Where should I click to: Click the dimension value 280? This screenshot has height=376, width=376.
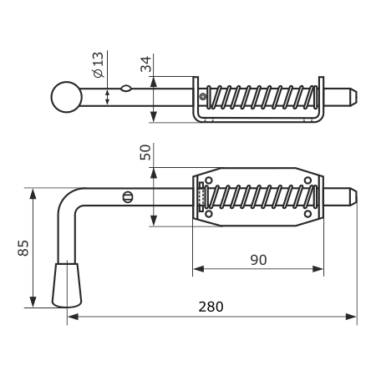click(x=211, y=307)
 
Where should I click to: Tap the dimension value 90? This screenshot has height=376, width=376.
click(x=258, y=260)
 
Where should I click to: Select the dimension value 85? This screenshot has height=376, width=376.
click(x=23, y=247)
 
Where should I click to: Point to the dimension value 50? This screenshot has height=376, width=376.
click(x=145, y=152)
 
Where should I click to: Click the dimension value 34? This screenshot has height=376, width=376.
click(x=145, y=64)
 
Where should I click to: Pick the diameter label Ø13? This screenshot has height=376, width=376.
click(x=98, y=65)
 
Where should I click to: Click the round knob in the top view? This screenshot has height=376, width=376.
click(x=67, y=97)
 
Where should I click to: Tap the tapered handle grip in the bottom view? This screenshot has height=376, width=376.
click(x=67, y=285)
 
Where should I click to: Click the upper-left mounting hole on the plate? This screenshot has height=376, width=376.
click(x=209, y=180)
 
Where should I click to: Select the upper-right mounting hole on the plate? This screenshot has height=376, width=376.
click(x=307, y=180)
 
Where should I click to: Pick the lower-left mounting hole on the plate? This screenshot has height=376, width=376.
click(x=209, y=214)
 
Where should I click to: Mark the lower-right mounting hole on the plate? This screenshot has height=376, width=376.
click(x=307, y=214)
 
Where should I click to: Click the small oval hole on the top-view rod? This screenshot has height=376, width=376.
click(x=126, y=89)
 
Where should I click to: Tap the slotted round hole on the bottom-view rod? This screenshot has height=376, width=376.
click(x=128, y=197)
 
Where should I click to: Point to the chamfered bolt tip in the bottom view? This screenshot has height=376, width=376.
click(x=353, y=197)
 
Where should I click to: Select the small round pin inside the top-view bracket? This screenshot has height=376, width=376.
click(x=203, y=97)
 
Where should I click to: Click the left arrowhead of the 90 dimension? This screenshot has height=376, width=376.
click(x=198, y=269)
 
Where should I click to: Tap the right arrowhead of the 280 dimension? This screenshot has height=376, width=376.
click(x=351, y=317)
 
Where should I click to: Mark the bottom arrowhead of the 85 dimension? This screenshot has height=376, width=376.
click(x=33, y=302)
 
